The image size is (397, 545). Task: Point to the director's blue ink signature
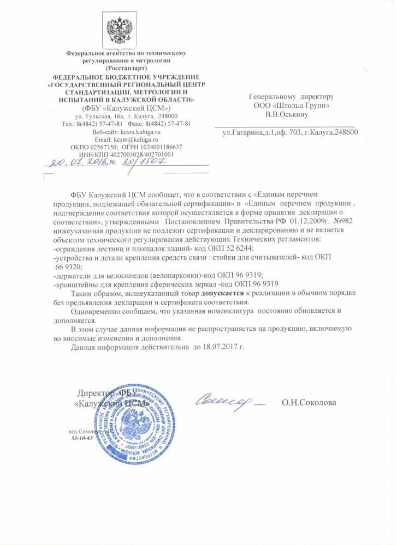pyautogui.click(x=229, y=402)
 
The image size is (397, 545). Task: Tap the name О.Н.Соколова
pyautogui.click(x=309, y=403)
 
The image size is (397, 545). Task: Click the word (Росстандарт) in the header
pyautogui.click(x=126, y=69)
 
